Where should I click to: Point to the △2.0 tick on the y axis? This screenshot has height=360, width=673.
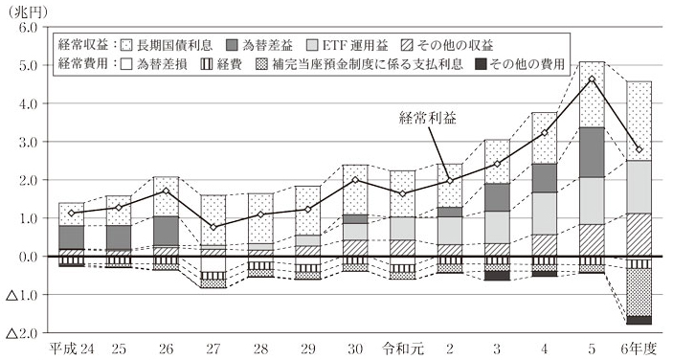[20, 333]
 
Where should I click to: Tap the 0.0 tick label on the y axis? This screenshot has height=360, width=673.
[25, 257]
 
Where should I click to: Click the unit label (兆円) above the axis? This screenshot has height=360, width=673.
[26, 10]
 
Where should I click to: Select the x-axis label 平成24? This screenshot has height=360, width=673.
[72, 347]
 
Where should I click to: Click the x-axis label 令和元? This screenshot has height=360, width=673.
[403, 347]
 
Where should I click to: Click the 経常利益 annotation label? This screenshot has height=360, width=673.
[427, 120]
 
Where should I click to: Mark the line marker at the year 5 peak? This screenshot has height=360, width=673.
[593, 79]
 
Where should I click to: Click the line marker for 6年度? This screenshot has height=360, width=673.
[639, 149]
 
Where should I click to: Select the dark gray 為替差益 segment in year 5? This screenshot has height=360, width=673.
[593, 151]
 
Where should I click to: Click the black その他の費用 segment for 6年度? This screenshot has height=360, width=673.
[639, 320]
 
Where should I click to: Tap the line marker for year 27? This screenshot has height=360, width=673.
[213, 227]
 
